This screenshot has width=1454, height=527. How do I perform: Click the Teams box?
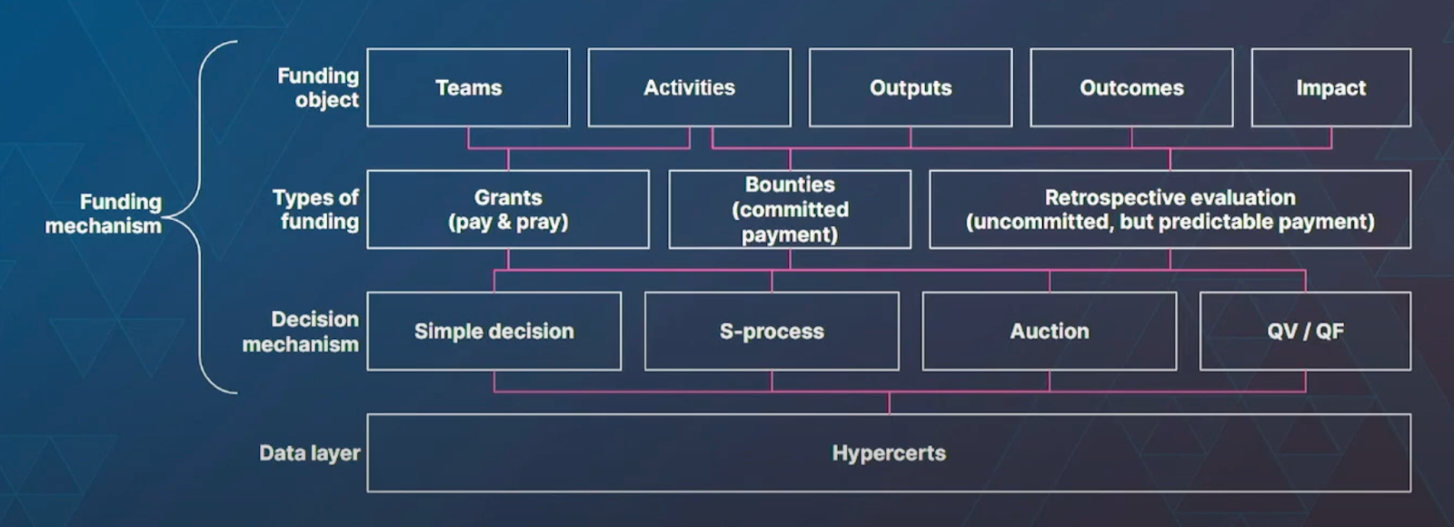(x=468, y=87)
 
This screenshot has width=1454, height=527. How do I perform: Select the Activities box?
(x=689, y=87)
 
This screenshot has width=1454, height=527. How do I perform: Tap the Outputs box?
(x=910, y=87)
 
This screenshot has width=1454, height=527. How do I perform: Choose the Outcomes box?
(x=1130, y=87)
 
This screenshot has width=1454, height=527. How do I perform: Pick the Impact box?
(x=1330, y=87)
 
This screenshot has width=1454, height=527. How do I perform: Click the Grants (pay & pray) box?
(x=507, y=209)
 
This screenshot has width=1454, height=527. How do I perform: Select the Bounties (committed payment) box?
(x=789, y=209)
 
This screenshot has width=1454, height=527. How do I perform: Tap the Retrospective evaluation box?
(x=1170, y=209)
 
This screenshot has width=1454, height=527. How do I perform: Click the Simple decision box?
(x=493, y=331)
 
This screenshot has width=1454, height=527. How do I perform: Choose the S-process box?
(x=772, y=331)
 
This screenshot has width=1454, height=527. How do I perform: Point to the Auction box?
(x=1049, y=331)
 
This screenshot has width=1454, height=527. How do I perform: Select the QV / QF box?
(x=1305, y=331)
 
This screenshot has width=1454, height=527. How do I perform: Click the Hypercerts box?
(x=888, y=452)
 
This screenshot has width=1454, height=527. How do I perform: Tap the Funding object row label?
(x=318, y=87)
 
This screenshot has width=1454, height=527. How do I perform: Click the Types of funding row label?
(x=315, y=209)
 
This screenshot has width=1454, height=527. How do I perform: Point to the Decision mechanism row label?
(x=301, y=331)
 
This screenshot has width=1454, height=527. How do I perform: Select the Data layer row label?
(x=309, y=452)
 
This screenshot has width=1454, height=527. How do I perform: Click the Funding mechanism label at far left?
(x=105, y=214)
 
